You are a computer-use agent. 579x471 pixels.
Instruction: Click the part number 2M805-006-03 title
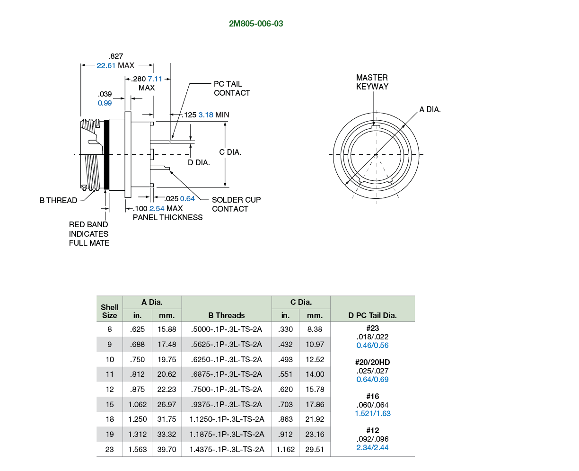point(256,24)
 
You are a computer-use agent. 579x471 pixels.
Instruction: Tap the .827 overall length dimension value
point(116,56)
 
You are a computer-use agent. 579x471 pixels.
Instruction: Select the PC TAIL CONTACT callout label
point(232,89)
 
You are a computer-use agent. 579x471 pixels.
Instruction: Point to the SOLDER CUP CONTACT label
point(236,204)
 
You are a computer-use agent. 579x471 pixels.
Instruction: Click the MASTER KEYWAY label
point(372,82)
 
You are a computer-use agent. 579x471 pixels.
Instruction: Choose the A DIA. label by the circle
point(430,109)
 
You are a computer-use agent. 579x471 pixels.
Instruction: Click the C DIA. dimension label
point(230,152)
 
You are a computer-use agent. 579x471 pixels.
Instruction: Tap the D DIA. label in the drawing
point(199,163)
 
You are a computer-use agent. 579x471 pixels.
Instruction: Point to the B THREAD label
point(58,200)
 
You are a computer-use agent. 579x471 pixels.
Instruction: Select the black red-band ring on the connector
point(107,154)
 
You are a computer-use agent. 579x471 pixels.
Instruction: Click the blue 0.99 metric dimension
point(105,103)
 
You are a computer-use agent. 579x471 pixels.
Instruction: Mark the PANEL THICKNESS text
point(168,217)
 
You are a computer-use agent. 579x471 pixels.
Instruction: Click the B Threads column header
point(227,315)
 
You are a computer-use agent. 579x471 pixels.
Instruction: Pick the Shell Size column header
point(110,311)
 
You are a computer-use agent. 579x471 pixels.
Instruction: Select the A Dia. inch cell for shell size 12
point(137,389)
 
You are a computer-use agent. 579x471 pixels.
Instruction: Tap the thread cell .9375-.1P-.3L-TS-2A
point(227,404)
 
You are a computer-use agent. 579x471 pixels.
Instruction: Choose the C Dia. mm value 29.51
point(315,449)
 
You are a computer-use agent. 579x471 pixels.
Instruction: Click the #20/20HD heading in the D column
point(372,362)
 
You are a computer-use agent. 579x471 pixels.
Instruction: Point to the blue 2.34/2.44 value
point(372,447)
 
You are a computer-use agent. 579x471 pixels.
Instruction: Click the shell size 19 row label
point(110,434)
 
